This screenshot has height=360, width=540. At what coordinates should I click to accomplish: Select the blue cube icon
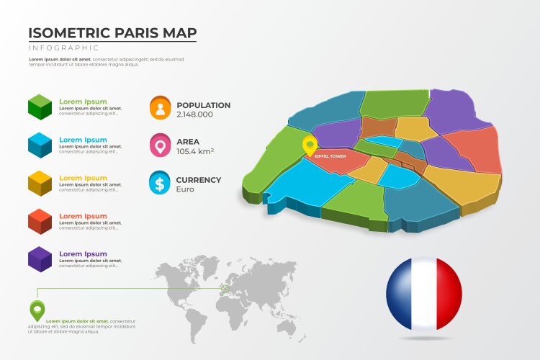click(40, 145)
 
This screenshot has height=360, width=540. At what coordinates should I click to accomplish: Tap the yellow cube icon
click(40, 183)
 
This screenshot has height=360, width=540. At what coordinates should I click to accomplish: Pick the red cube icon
click(40, 221)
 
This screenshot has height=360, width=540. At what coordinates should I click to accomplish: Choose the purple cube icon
click(40, 258)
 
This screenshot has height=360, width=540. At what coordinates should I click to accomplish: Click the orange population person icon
click(160, 107)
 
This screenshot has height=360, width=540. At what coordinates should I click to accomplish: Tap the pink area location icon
click(160, 145)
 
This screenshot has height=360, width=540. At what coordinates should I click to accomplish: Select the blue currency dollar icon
click(160, 183)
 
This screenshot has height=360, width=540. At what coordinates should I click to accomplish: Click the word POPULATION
click(204, 105)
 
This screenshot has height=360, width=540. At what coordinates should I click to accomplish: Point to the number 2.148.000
click(194, 114)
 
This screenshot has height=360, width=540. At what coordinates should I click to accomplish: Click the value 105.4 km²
click(194, 151)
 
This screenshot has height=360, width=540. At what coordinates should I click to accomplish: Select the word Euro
click(185, 189)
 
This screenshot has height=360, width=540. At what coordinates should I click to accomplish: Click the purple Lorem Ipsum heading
click(83, 254)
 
